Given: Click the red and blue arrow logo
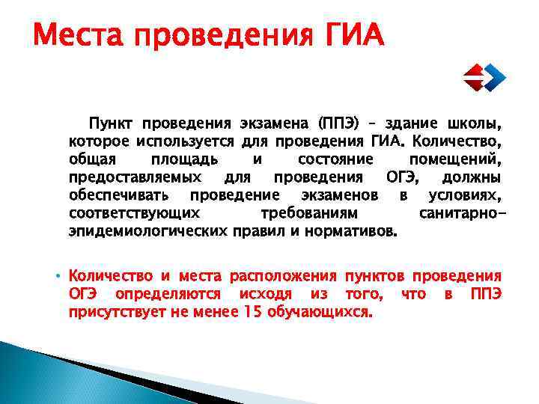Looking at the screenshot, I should [x=482, y=76].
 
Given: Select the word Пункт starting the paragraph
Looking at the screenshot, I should [x=112, y=123].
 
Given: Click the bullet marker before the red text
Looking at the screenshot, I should [x=57, y=275].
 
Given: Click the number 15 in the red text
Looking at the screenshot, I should [x=252, y=312].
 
